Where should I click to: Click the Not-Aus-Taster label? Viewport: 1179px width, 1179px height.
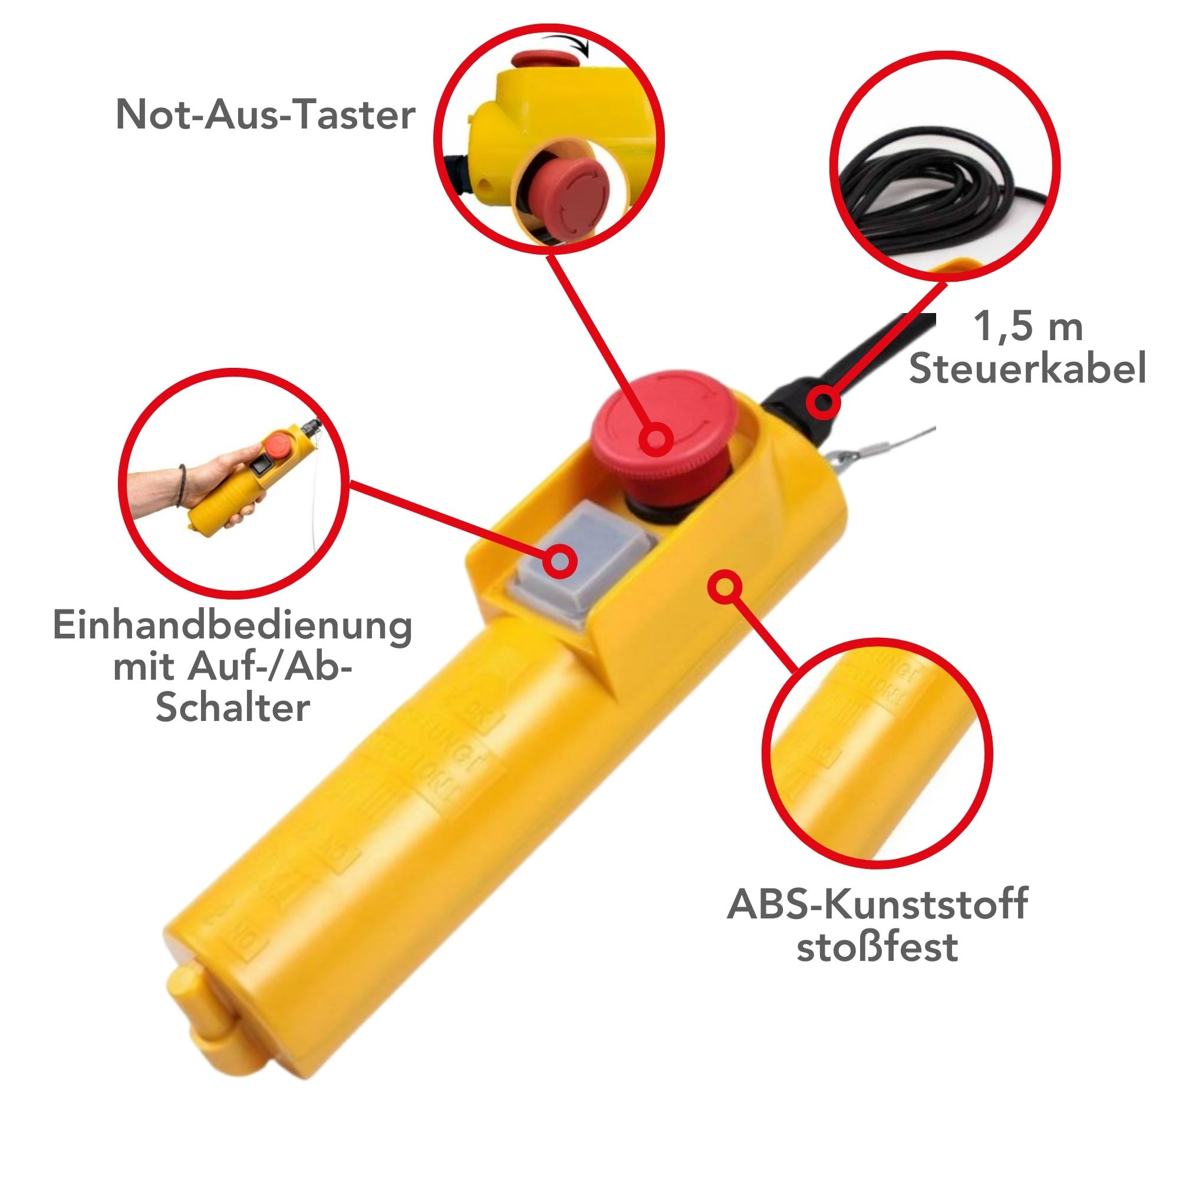[x=265, y=114]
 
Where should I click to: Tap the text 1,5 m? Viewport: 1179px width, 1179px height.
[x=1028, y=327]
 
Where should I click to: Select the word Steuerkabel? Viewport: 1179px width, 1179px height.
[x=1027, y=368]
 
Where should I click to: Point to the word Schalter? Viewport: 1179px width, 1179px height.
[x=232, y=708]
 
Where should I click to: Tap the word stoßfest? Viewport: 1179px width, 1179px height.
[x=878, y=947]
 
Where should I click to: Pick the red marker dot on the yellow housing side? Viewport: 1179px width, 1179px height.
[x=724, y=587]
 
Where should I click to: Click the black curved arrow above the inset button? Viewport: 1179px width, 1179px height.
[x=565, y=42]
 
